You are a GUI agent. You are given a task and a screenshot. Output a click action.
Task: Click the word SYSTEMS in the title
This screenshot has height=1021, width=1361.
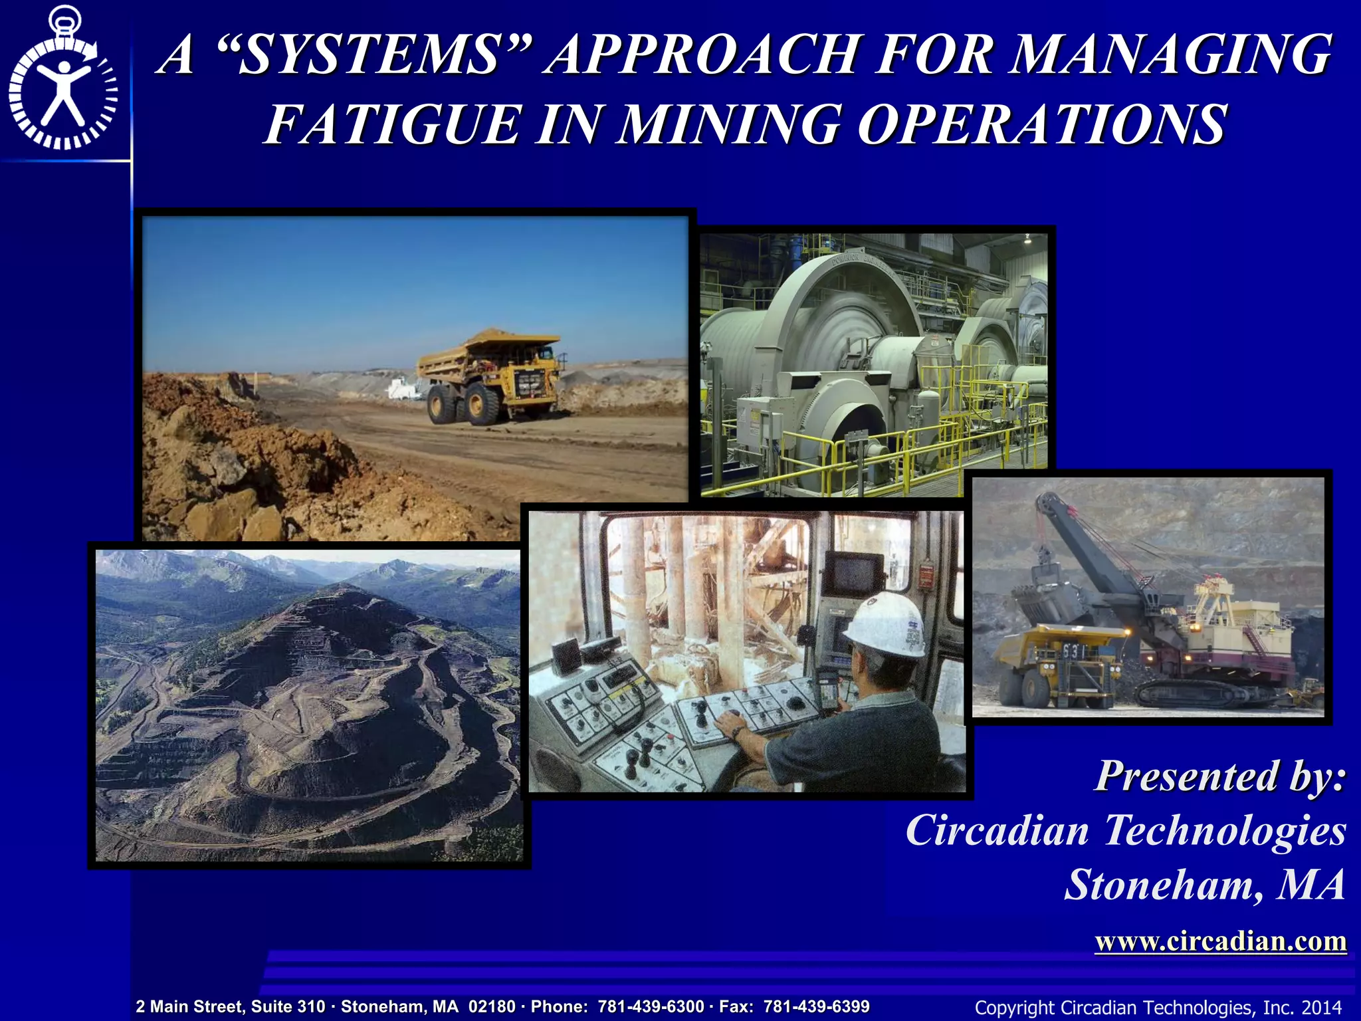(x=369, y=55)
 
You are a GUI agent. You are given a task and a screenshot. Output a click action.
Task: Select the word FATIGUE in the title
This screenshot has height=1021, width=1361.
(x=392, y=124)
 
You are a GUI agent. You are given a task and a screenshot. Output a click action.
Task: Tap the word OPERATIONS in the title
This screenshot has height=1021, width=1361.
(x=1041, y=124)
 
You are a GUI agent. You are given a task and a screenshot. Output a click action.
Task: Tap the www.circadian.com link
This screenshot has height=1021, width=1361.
(x=1220, y=941)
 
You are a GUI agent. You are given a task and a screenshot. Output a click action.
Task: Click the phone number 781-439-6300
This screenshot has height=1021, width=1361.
(x=651, y=1006)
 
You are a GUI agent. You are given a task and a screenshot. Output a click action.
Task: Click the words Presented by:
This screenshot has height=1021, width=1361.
(x=1220, y=776)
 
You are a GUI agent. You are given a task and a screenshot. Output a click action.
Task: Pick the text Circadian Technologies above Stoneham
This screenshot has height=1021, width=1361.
(x=1126, y=831)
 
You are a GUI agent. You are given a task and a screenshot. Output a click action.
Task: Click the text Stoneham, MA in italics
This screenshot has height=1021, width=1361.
(x=1204, y=885)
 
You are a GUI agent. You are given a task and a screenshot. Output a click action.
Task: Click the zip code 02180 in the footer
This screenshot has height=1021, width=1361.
(x=492, y=1006)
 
